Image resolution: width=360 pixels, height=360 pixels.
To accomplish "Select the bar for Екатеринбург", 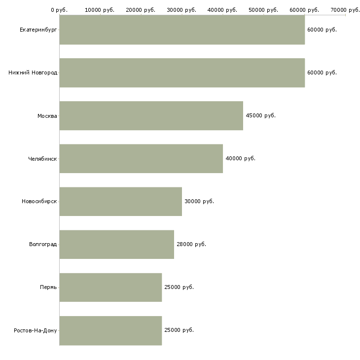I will pyautogui.click(x=182, y=30).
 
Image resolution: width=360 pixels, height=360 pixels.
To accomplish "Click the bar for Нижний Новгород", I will pyautogui.click(x=182, y=72).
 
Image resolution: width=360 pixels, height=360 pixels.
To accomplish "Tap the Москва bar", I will pyautogui.click(x=151, y=116).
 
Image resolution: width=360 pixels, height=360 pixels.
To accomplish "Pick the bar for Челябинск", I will pyautogui.click(x=141, y=158).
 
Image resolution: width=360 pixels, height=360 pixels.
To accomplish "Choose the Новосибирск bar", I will pyautogui.click(x=120, y=201).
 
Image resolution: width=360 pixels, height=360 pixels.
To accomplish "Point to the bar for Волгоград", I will pyautogui.click(x=116, y=244).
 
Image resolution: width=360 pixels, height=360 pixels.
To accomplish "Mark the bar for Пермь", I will pyautogui.click(x=110, y=287).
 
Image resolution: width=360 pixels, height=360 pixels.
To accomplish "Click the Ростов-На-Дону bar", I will pyautogui.click(x=110, y=330).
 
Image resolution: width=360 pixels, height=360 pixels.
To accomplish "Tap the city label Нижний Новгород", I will pyautogui.click(x=33, y=72).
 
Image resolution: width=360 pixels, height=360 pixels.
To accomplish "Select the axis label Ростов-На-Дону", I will pyautogui.click(x=36, y=330).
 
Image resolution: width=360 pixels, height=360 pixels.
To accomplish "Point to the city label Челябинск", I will pyautogui.click(x=42, y=159).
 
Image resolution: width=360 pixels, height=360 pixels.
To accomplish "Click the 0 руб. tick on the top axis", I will pyautogui.click(x=59, y=10).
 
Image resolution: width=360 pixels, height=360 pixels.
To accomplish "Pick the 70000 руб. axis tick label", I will pyautogui.click(x=345, y=10).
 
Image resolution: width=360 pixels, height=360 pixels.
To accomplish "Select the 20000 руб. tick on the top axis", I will pyautogui.click(x=141, y=10).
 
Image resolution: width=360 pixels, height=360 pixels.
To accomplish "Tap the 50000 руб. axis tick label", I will pyautogui.click(x=264, y=10).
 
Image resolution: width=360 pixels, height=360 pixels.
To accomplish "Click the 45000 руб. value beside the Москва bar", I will pyautogui.click(x=260, y=115).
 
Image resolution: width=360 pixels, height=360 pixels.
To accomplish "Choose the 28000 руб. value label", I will pyautogui.click(x=191, y=244).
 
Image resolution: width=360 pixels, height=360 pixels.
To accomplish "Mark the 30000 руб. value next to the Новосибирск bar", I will pyautogui.click(x=199, y=201).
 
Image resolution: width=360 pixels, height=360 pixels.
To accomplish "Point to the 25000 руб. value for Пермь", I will pyautogui.click(x=179, y=287).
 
